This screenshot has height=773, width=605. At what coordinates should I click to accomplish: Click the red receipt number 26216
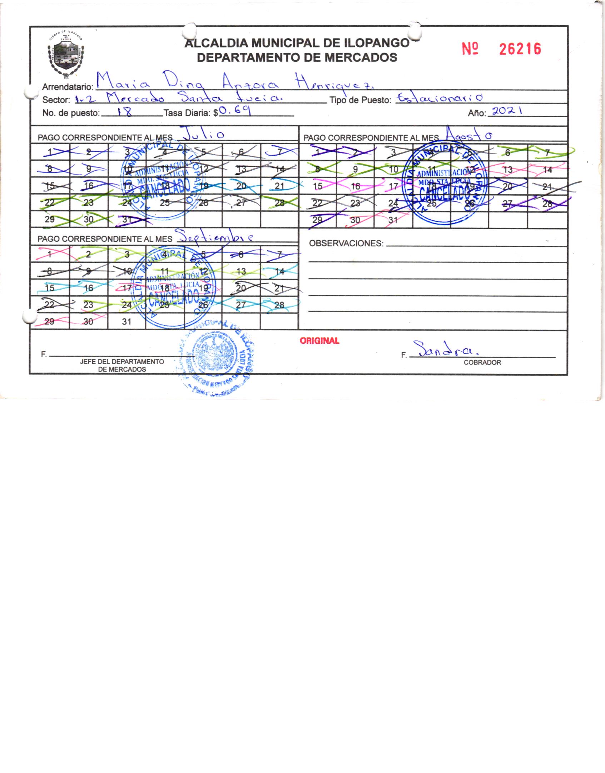[520, 49]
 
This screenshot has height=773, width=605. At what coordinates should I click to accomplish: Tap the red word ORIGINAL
[319, 341]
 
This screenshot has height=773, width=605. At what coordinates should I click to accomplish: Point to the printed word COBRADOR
[482, 362]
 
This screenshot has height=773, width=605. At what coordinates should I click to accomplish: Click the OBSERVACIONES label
[346, 244]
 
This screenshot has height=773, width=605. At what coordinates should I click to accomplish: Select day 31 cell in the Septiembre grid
[127, 322]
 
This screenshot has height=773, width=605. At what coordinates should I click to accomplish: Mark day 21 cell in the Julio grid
[279, 186]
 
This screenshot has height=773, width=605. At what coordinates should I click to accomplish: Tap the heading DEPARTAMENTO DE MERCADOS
[297, 57]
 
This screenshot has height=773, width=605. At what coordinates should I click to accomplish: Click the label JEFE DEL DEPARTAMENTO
[122, 361]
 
